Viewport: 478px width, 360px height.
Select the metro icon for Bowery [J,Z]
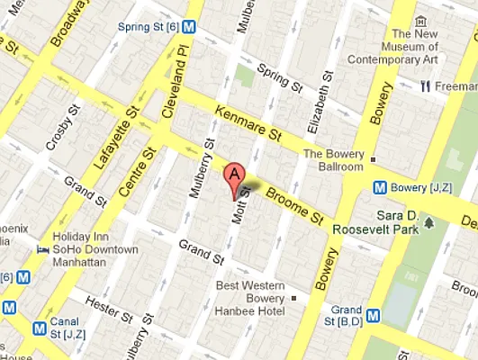(382, 187)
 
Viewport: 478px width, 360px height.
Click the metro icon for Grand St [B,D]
(373, 315)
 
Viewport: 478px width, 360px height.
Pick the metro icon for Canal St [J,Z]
(39, 329)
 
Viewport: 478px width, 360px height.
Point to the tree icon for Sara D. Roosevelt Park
(429, 222)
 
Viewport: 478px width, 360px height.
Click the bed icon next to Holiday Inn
(42, 248)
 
